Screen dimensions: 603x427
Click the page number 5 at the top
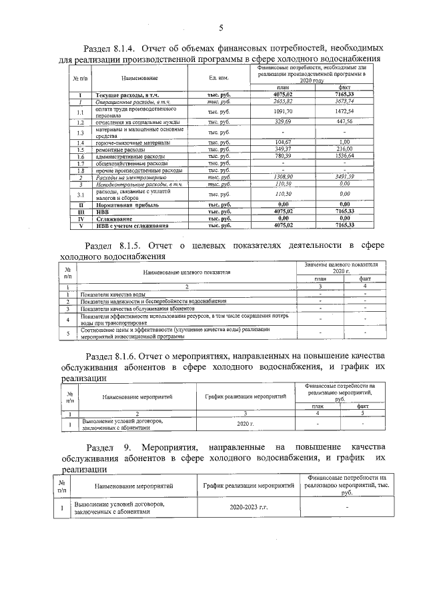(x=220, y=27)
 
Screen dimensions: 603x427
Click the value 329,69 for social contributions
(x=283, y=123)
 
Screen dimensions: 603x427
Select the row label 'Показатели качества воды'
(x=113, y=294)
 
